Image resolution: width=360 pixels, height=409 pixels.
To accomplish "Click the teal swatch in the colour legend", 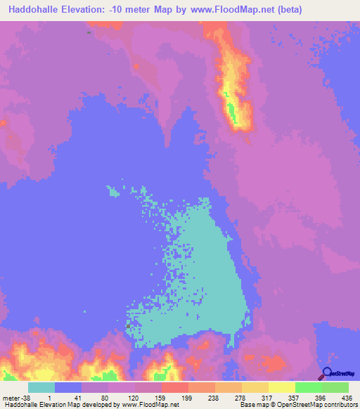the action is tap(41, 388).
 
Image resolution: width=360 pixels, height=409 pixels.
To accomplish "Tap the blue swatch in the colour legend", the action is tap(68, 388).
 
